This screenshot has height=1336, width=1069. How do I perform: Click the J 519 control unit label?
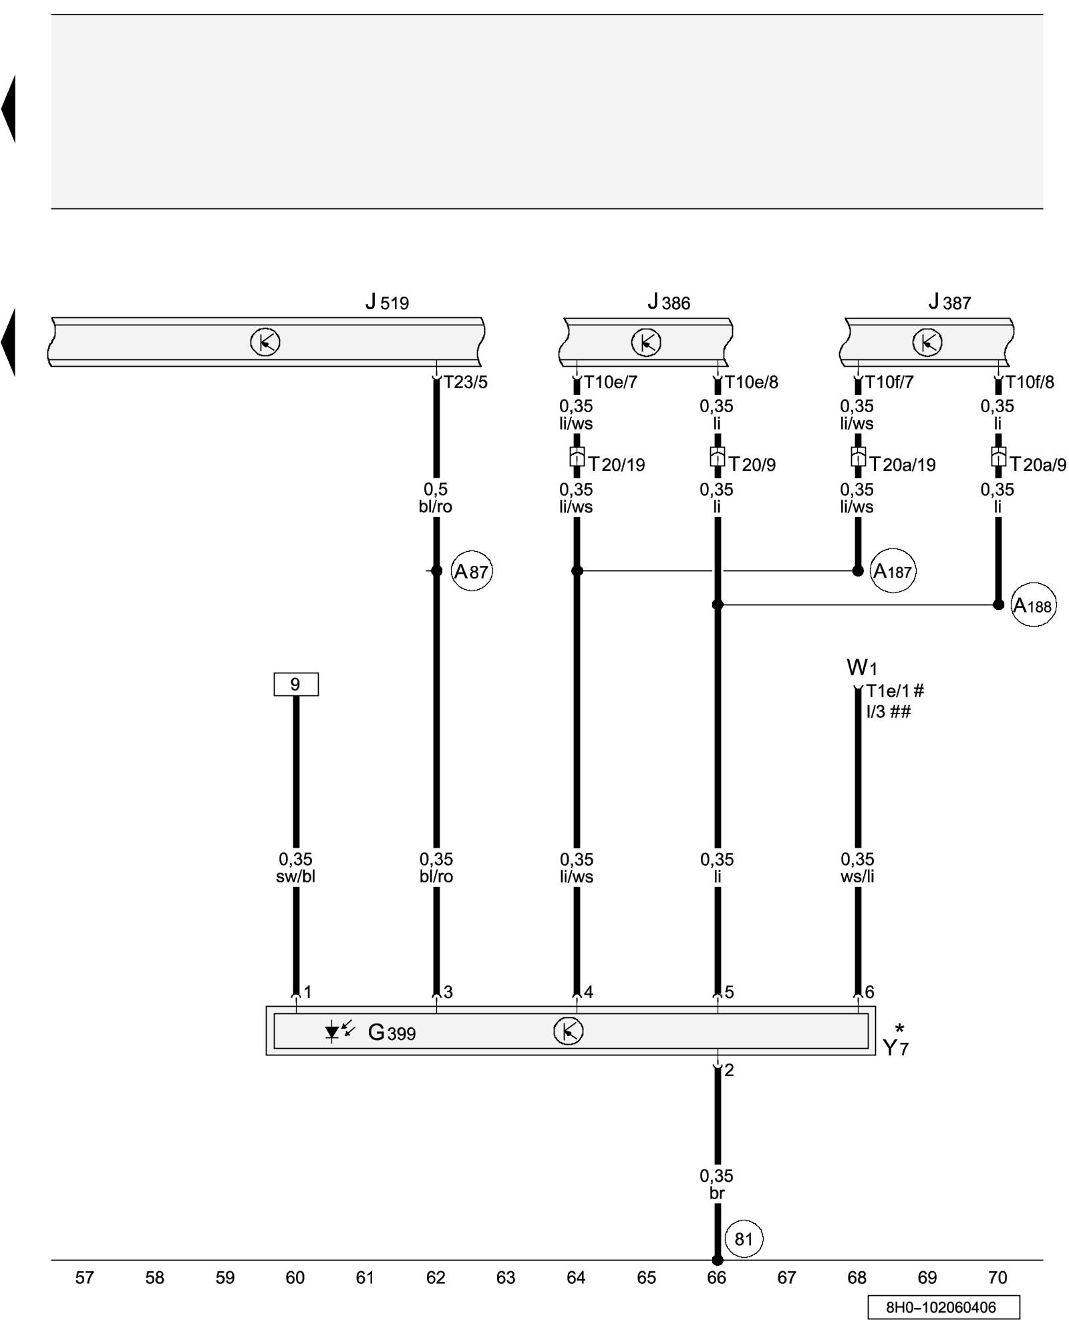pyautogui.click(x=387, y=303)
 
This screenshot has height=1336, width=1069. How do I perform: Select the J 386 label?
pyautogui.click(x=668, y=303)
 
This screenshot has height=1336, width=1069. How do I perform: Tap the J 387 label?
pyautogui.click(x=949, y=303)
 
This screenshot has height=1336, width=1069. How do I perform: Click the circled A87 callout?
pyautogui.click(x=472, y=571)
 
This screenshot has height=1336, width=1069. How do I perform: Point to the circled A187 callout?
pyautogui.click(x=893, y=571)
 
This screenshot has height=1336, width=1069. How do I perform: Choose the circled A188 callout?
pyautogui.click(x=1033, y=606)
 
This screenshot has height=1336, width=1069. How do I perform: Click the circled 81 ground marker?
pyautogui.click(x=744, y=1239)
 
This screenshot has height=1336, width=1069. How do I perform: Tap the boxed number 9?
pyautogui.click(x=296, y=684)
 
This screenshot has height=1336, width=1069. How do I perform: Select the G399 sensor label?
pyautogui.click(x=392, y=1033)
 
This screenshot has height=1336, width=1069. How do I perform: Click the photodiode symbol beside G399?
pyautogui.click(x=339, y=1031)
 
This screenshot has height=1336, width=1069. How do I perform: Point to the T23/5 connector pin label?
pyautogui.click(x=466, y=382)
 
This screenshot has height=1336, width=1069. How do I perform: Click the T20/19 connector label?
pyautogui.click(x=616, y=464)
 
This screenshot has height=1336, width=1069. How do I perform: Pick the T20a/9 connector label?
pyautogui.click(x=1037, y=464)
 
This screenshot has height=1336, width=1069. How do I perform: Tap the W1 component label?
pyautogui.click(x=861, y=667)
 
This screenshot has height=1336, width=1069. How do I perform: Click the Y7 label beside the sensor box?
pyautogui.click(x=895, y=1047)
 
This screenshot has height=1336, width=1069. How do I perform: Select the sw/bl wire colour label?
pyautogui.click(x=295, y=876)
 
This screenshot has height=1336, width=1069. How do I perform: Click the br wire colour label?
pyautogui.click(x=717, y=1193)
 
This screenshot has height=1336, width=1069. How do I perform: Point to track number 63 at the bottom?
pyautogui.click(x=506, y=1278)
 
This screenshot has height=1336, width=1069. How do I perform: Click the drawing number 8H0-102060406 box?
pyautogui.click(x=943, y=1307)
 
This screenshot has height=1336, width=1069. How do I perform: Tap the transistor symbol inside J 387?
pyautogui.click(x=927, y=343)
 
